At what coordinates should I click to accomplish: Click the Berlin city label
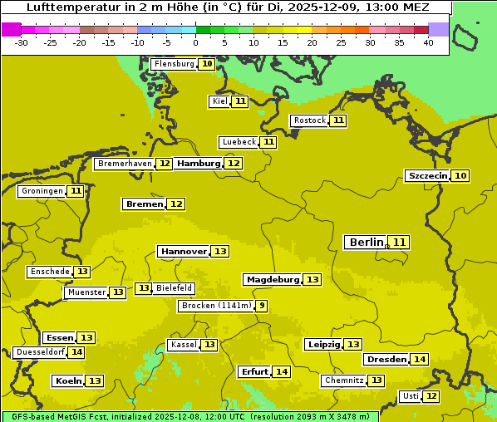366,242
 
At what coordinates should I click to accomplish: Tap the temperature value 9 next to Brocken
262,306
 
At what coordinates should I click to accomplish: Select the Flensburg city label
175,64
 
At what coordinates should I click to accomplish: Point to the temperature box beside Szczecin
460,175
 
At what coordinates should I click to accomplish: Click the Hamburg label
199,164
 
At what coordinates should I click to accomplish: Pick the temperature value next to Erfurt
283,371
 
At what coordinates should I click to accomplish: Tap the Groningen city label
42,191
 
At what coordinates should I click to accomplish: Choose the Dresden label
386,359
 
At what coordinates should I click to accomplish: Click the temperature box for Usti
431,396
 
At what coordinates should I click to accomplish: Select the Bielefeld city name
175,288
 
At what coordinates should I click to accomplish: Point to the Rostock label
309,120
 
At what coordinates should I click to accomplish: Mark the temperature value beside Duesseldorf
76,352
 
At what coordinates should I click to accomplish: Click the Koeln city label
68,380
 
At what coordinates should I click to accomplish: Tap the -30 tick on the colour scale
22,42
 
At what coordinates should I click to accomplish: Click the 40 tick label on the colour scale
428,42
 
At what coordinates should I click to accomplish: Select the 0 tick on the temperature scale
196,42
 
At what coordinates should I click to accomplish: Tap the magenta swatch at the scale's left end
11,29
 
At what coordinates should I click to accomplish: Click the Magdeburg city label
272,279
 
